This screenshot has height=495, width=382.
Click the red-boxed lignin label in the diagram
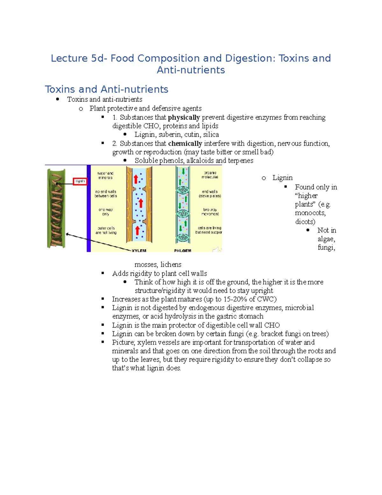tap(80, 181)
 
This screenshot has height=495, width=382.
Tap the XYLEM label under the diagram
tap(139, 251)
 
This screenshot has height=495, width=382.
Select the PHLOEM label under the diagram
tap(183, 251)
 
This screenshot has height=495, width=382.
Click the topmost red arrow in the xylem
tap(136, 179)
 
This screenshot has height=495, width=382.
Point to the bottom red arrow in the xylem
tap(138, 231)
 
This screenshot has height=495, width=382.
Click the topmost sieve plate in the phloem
tap(183, 190)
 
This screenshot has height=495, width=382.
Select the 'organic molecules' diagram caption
tap(210, 175)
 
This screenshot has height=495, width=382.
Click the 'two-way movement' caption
tap(210, 212)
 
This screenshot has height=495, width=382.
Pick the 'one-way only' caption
tap(106, 212)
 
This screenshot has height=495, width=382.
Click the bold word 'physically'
tap(184, 117)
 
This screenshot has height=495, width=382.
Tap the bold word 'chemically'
tap(185, 143)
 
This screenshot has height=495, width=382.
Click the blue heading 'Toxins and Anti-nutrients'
tap(106, 89)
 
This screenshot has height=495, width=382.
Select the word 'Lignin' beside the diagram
tap(282, 178)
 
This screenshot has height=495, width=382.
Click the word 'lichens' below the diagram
tap(171, 265)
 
